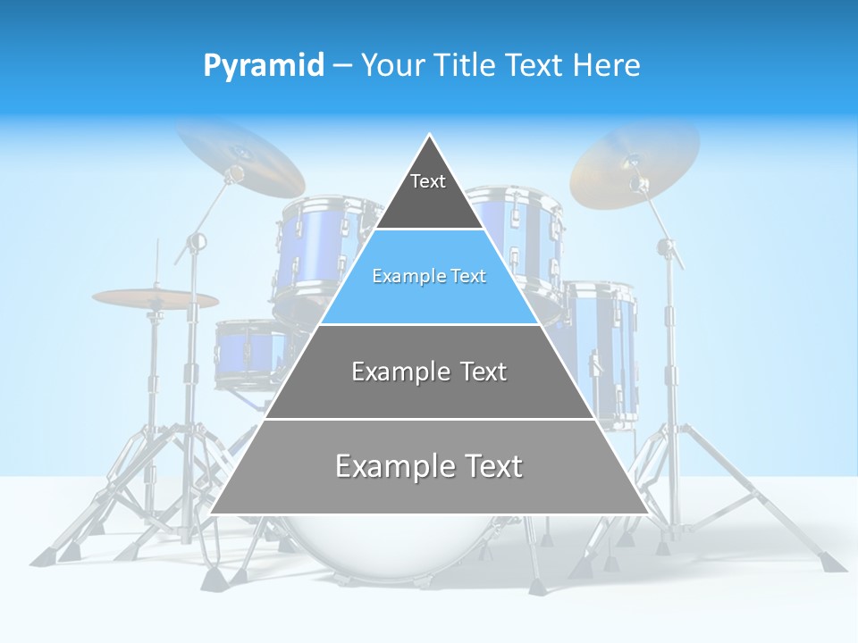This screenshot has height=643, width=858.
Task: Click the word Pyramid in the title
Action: pyautogui.click(x=263, y=66)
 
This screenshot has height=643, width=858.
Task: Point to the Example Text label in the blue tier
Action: pyautogui.click(x=429, y=276)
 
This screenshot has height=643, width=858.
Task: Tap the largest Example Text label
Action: pyautogui.click(x=429, y=466)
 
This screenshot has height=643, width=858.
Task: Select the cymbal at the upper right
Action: pyautogui.click(x=635, y=161)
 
